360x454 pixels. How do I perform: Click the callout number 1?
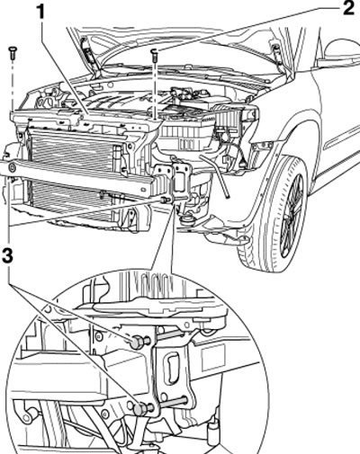coord(40,13)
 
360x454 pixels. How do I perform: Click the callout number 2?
coord(348,8)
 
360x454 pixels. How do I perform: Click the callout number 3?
coord(8,256)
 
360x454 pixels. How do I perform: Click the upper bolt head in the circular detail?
coord(136,343)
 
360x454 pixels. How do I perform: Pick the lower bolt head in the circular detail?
coord(139,409)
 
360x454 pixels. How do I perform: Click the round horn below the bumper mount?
coord(187,221)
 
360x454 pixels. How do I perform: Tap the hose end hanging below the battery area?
coord(228,196)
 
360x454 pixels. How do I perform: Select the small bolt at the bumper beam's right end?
coord(164,200)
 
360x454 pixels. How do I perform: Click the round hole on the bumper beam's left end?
coord(12,168)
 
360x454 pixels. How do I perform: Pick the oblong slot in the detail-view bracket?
coord(170,369)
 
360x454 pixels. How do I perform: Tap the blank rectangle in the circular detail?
coord(213,357)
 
